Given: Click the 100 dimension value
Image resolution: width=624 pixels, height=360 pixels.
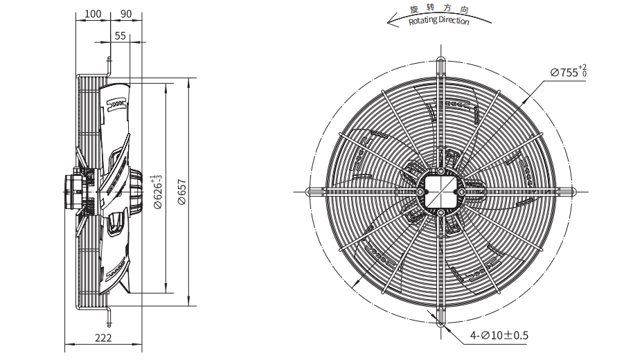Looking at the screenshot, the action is coord(93,14).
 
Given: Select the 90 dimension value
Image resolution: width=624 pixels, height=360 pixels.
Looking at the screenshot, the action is coord(126,14).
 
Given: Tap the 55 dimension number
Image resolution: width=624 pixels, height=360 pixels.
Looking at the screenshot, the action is coord(121,36).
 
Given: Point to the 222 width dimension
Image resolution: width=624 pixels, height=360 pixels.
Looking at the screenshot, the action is coord(103,338).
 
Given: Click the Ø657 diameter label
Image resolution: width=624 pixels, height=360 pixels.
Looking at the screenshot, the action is coord(182,192).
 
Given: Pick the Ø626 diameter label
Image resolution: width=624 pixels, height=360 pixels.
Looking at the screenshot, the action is coord(158,192).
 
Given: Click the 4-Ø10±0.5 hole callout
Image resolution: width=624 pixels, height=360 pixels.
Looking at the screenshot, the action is coord(499,335).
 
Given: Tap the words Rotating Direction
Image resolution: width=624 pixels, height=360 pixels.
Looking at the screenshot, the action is coord(438,20).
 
